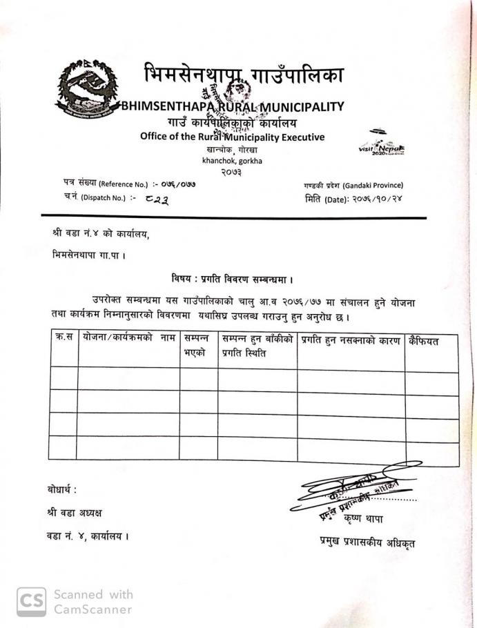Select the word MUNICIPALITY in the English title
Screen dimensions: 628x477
[x=300, y=106]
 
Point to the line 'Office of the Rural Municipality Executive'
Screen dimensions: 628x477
[x=232, y=136]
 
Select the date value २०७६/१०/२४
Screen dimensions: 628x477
[x=373, y=199]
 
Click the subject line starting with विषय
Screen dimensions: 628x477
[x=233, y=279]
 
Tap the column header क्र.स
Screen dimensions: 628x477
[x=64, y=340]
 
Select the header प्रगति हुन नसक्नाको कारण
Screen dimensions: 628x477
[x=351, y=340]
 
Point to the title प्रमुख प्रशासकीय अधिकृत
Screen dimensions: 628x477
[x=367, y=542]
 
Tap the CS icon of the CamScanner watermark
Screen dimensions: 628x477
[x=32, y=601]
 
